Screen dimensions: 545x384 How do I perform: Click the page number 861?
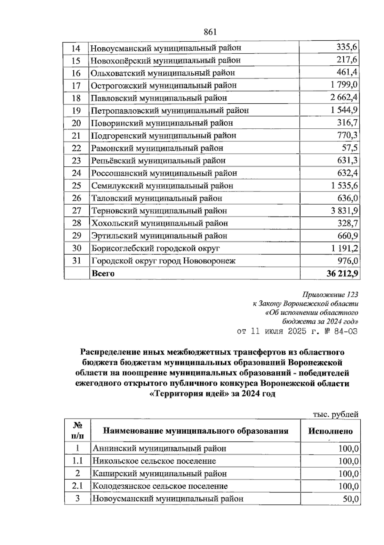pyautogui.click(x=210, y=32)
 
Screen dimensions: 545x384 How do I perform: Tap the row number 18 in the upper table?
pyautogui.click(x=76, y=98)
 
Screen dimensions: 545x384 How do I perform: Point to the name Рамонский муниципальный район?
pyautogui.click(x=157, y=148)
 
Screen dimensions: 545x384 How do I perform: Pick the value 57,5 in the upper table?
pyautogui.click(x=350, y=148)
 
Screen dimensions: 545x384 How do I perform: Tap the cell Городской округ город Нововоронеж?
pyautogui.click(x=163, y=261)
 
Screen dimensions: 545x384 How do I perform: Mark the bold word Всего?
pyautogui.click(x=103, y=274)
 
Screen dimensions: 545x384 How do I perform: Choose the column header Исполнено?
pyautogui.click(x=330, y=431)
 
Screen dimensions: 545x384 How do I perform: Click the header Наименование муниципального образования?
pyautogui.click(x=196, y=431)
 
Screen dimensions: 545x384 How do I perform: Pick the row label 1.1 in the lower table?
pyautogui.click(x=77, y=461)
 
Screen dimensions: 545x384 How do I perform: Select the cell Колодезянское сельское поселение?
pyautogui.click(x=160, y=486)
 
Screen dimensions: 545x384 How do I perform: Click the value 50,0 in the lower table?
pyautogui.click(x=350, y=499)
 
